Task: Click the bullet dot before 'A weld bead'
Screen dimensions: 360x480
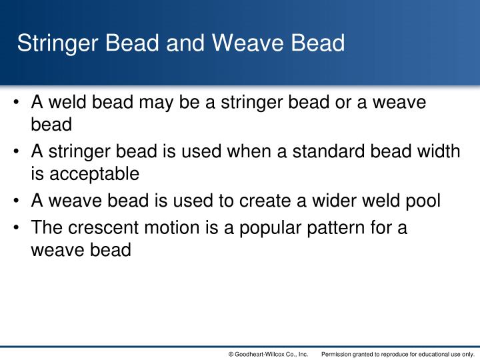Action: (x=19, y=103)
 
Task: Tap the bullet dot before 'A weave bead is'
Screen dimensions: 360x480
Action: (x=19, y=202)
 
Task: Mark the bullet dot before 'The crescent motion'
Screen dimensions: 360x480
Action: (x=19, y=227)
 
